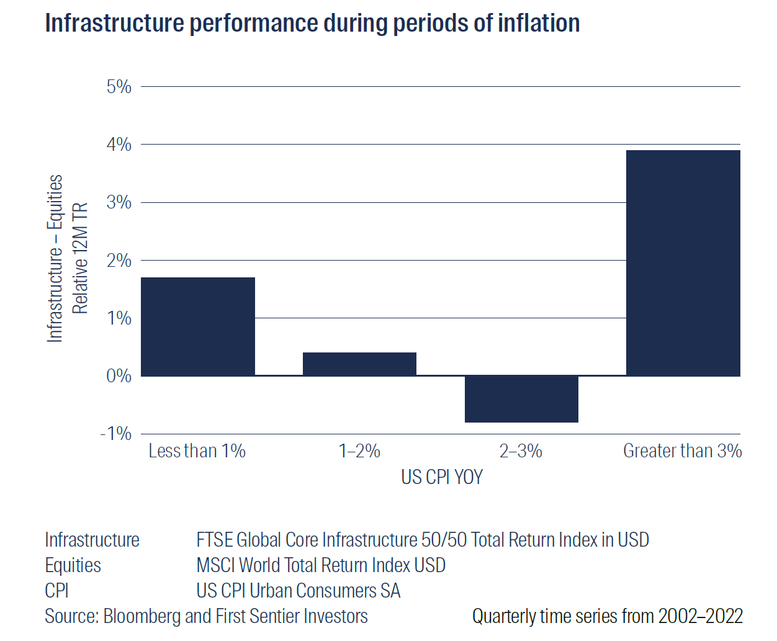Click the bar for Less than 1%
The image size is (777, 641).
click(x=197, y=326)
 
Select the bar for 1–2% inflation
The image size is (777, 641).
click(x=359, y=364)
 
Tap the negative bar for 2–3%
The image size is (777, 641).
click(x=521, y=399)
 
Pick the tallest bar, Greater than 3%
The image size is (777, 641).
click(x=683, y=263)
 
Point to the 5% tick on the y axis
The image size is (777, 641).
click(x=119, y=87)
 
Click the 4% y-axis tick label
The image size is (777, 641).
click(x=119, y=145)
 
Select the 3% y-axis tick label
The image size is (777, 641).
click(x=119, y=202)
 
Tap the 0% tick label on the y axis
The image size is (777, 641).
click(x=119, y=376)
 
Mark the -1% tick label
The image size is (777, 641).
click(x=116, y=434)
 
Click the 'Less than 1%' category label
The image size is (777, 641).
click(x=197, y=451)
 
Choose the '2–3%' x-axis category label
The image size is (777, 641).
click(x=521, y=451)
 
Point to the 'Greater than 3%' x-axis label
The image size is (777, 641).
click(x=682, y=451)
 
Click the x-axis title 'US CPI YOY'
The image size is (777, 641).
click(x=441, y=477)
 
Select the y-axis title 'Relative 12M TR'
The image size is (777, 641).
click(x=80, y=258)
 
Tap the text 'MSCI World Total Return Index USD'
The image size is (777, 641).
click(x=321, y=565)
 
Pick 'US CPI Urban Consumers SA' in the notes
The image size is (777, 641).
click(x=298, y=591)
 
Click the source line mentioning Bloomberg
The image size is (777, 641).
click(x=206, y=616)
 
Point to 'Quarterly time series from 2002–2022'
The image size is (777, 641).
click(x=607, y=616)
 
